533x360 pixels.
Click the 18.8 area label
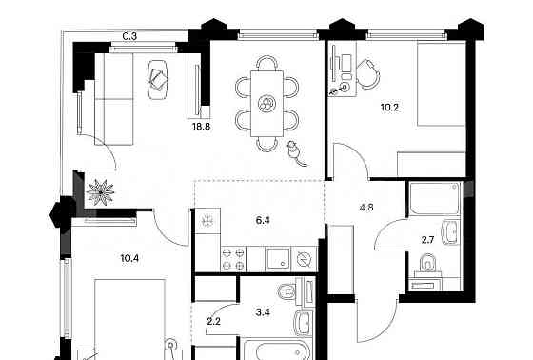coord(201,127)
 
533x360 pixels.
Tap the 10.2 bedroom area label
coord(389,108)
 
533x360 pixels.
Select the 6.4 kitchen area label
coord(263,221)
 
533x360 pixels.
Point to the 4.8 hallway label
coord(366,207)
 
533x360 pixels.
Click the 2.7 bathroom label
coord(427,240)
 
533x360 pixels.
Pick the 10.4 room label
coord(129,259)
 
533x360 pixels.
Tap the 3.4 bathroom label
coord(263,312)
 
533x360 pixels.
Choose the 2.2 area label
coord(214,321)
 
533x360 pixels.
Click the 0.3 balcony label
coord(129,36)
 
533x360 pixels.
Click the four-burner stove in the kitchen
coord(233,259)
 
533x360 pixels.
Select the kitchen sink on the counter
coord(278,259)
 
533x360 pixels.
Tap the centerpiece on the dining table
coord(266,103)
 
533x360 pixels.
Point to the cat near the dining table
coord(295,153)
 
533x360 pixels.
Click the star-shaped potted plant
coord(101,192)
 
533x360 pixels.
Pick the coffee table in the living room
coord(158,80)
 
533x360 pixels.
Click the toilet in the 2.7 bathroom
coord(427,264)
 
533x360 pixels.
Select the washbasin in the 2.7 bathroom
coord(451,232)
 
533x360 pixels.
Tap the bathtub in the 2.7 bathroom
coord(435,199)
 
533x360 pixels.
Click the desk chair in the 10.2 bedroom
coord(367,74)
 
